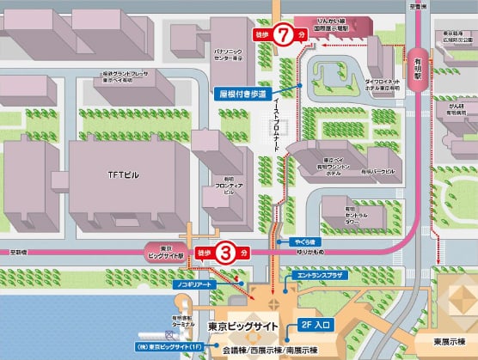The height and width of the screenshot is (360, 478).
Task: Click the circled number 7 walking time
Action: (x=280, y=35)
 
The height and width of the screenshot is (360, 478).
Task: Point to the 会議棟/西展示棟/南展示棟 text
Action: (x=269, y=351)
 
